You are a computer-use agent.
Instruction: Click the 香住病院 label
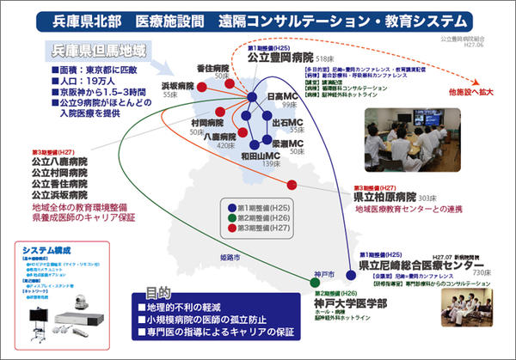pyautogui.click(x=212, y=68)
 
